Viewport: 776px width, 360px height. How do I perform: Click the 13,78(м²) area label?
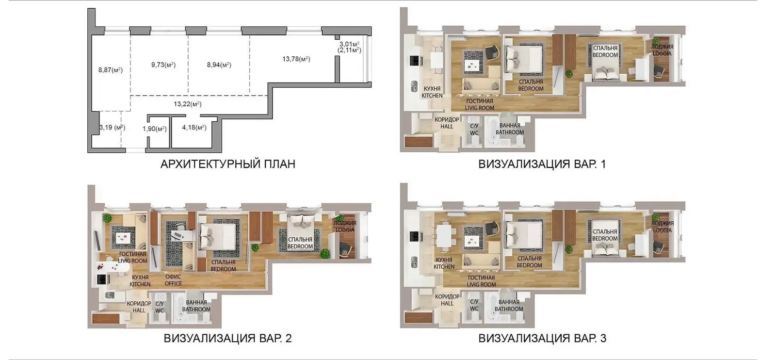pyautogui.click(x=296, y=59)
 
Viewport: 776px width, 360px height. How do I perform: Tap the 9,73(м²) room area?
pyautogui.click(x=163, y=65)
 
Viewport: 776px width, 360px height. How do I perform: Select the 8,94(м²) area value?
pyautogui.click(x=219, y=65)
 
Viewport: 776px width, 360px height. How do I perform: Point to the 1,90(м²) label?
pyautogui.click(x=155, y=129)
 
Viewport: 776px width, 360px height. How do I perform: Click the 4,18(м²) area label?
pyautogui.click(x=194, y=128)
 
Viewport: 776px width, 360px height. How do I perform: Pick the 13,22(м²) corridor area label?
pyautogui.click(x=187, y=104)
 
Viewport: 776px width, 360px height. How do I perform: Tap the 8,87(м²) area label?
pyautogui.click(x=111, y=70)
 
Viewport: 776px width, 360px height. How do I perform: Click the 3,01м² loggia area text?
pyautogui.click(x=349, y=44)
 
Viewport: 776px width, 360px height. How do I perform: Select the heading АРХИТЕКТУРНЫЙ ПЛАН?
pyautogui.click(x=228, y=164)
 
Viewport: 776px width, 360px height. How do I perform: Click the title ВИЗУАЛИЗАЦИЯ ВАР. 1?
pyautogui.click(x=542, y=164)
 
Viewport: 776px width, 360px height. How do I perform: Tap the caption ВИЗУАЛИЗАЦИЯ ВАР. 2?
pyautogui.click(x=227, y=338)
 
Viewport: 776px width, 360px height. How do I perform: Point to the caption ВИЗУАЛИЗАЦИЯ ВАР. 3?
pyautogui.click(x=542, y=338)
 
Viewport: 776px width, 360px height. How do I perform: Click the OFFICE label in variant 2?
pyautogui.click(x=173, y=284)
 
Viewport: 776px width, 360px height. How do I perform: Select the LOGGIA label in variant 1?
pyautogui.click(x=662, y=54)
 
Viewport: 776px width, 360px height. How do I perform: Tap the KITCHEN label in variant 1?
pyautogui.click(x=432, y=96)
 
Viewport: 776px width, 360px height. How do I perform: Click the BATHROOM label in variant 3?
pyautogui.click(x=509, y=309)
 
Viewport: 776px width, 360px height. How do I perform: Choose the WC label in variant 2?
pyautogui.click(x=159, y=311)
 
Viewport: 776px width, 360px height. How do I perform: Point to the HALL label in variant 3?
pyautogui.click(x=447, y=304)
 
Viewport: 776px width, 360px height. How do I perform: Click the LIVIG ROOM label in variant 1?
pyautogui.click(x=480, y=108)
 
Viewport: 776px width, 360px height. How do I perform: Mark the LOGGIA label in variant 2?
pyautogui.click(x=345, y=230)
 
